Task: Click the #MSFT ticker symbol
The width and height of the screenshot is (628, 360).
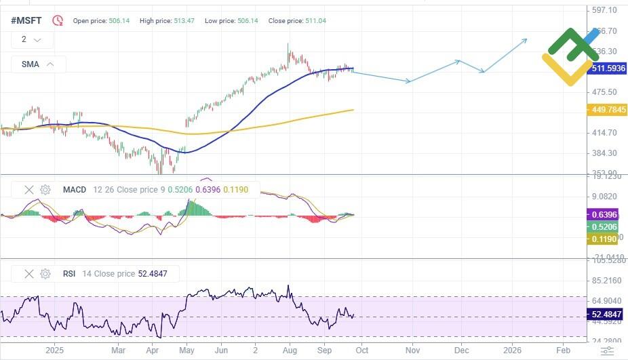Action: coord(26,21)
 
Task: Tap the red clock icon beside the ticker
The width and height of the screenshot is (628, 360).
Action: coord(58,21)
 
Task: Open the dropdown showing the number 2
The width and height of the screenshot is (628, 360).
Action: coord(31,40)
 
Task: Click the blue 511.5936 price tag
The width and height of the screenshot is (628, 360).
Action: coord(608,68)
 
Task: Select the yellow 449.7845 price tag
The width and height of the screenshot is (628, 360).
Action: coord(608,109)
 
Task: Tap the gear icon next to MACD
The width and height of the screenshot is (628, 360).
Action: coord(45,190)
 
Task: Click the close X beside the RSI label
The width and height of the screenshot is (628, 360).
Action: coord(28,274)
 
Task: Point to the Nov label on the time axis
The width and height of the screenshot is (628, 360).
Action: coord(412,351)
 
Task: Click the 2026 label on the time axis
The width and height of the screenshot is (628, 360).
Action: coord(513,351)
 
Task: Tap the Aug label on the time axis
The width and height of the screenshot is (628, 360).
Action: coord(290,351)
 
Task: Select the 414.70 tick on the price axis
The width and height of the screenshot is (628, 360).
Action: coord(604,133)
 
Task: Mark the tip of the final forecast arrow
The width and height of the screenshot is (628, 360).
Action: coord(527,39)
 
